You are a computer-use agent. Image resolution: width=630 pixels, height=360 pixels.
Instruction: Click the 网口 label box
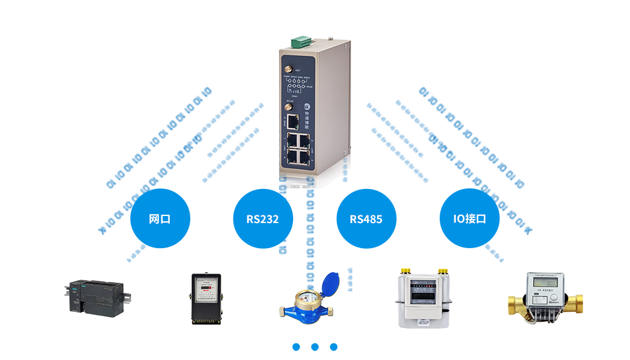point(159,219)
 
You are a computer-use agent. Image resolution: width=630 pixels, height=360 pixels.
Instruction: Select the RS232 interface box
point(262,219)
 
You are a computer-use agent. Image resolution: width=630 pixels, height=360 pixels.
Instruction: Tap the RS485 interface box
point(366,219)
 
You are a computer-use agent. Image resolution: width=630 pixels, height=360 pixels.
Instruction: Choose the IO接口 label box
point(469,219)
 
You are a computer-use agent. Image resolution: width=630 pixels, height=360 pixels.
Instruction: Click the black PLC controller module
point(98,298)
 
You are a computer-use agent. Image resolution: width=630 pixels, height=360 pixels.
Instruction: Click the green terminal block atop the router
point(301,42)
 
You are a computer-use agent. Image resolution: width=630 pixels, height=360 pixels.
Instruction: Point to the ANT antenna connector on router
point(288,68)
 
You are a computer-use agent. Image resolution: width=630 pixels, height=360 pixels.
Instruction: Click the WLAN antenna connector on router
point(288,105)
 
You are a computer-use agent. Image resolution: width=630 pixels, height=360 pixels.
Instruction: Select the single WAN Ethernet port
point(292,120)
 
